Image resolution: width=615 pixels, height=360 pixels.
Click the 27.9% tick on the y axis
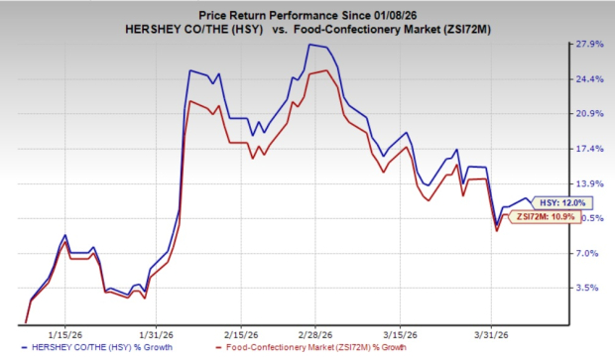tap(579, 45)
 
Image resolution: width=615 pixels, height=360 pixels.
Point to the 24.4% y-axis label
tap(579, 79)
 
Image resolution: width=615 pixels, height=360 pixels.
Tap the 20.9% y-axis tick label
tap(579, 114)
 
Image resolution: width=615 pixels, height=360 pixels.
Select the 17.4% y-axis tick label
tap(579, 149)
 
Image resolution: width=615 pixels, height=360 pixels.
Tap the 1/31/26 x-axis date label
tap(154, 333)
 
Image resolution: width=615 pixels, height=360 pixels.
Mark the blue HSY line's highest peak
tap(309, 45)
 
